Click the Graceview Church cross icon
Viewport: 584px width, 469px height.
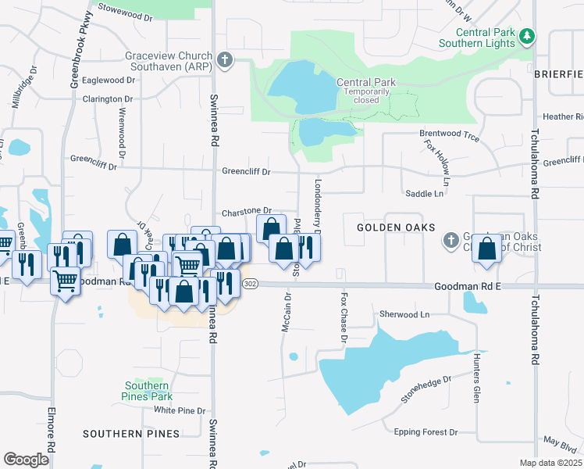click(225, 60)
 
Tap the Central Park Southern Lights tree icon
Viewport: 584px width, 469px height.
click(528, 36)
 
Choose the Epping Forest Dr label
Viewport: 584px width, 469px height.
click(426, 431)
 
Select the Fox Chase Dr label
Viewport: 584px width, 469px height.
click(343, 317)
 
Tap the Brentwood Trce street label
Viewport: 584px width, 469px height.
click(449, 134)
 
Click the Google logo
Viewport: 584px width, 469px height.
click(26, 460)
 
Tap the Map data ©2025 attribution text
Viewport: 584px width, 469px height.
click(550, 463)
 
